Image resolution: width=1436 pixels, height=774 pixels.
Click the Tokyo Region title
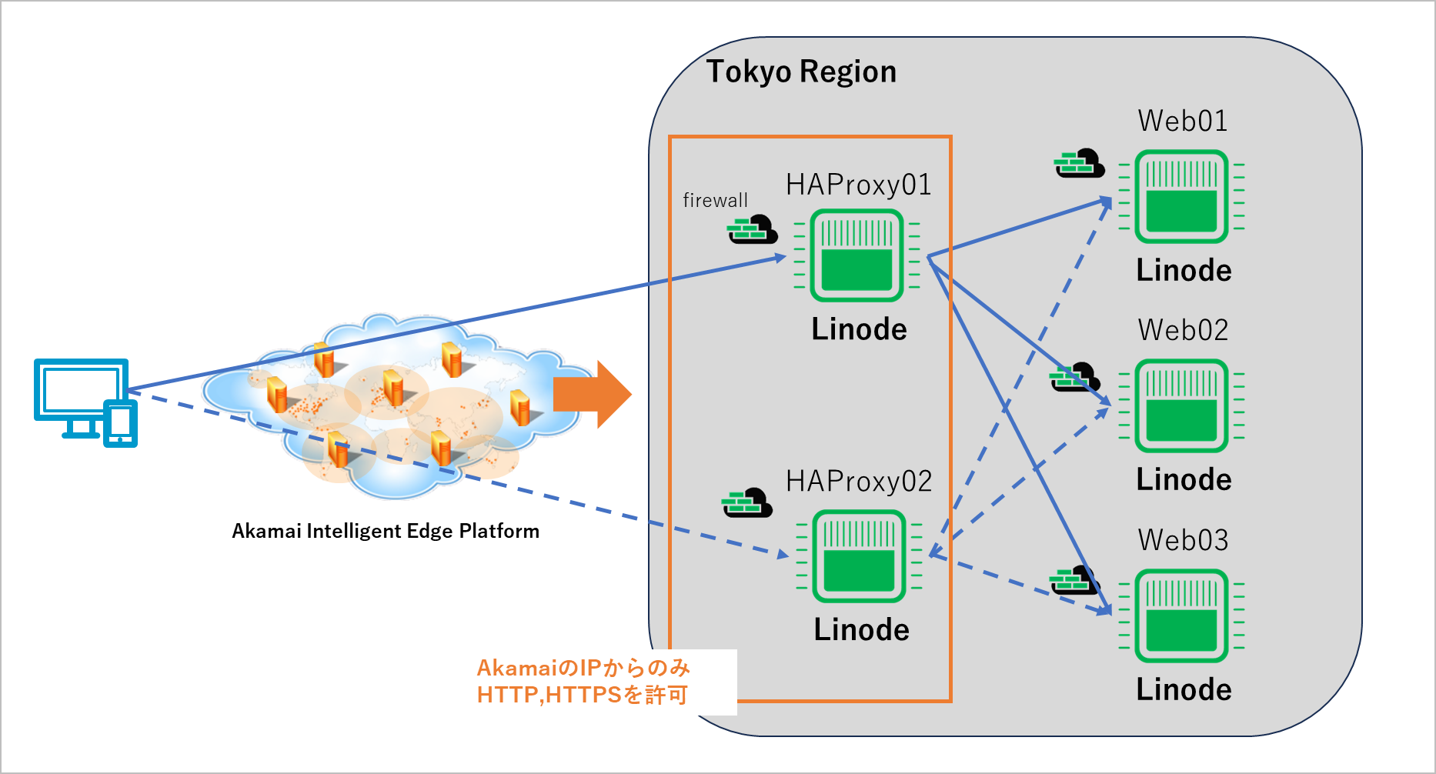pyautogui.click(x=801, y=72)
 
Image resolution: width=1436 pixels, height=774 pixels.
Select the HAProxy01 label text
pyautogui.click(x=858, y=185)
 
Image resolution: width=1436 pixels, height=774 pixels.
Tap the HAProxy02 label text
pyautogui.click(x=858, y=482)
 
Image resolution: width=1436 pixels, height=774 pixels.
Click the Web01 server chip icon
pyautogui.click(x=1181, y=197)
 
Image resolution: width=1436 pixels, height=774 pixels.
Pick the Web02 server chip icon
pyautogui.click(x=1181, y=405)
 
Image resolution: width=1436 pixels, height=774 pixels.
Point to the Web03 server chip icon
pyautogui.click(x=1181, y=616)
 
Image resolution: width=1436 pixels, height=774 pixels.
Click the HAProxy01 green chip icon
pyautogui.click(x=857, y=255)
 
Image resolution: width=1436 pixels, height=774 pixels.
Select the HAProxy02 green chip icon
pyautogui.click(x=859, y=556)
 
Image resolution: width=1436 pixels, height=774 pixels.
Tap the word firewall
pyautogui.click(x=715, y=201)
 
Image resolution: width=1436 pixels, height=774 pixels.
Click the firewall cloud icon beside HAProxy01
pyautogui.click(x=752, y=230)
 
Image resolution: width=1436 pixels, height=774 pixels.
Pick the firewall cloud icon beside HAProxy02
pyautogui.click(x=746, y=503)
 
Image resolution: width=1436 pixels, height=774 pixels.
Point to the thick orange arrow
pyautogui.click(x=592, y=395)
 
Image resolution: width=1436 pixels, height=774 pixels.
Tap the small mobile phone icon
pyautogui.click(x=121, y=423)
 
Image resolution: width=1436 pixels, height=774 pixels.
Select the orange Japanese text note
pyautogui.click(x=583, y=682)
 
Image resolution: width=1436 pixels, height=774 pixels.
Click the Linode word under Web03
pyautogui.click(x=1184, y=689)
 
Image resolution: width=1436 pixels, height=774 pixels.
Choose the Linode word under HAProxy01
pyautogui.click(x=859, y=329)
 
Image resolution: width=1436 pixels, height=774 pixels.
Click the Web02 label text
pyautogui.click(x=1183, y=330)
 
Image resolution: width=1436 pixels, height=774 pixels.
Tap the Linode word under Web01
pyautogui.click(x=1184, y=270)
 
